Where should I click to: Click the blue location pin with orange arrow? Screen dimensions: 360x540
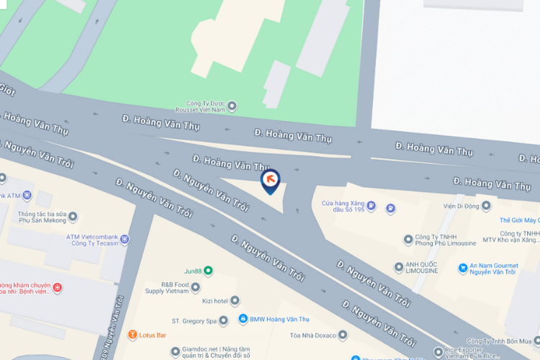point(270,180)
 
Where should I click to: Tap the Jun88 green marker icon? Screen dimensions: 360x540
point(208,271)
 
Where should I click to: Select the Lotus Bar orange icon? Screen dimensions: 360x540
point(132,335)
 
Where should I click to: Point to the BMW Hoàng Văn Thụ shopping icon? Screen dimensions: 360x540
point(243,319)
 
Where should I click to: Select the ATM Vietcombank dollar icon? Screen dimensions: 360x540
point(125,238)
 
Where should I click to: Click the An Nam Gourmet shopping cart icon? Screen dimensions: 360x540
point(463,268)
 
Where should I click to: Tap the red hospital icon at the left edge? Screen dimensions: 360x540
point(58,288)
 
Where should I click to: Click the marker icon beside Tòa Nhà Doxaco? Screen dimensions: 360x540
point(343,335)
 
